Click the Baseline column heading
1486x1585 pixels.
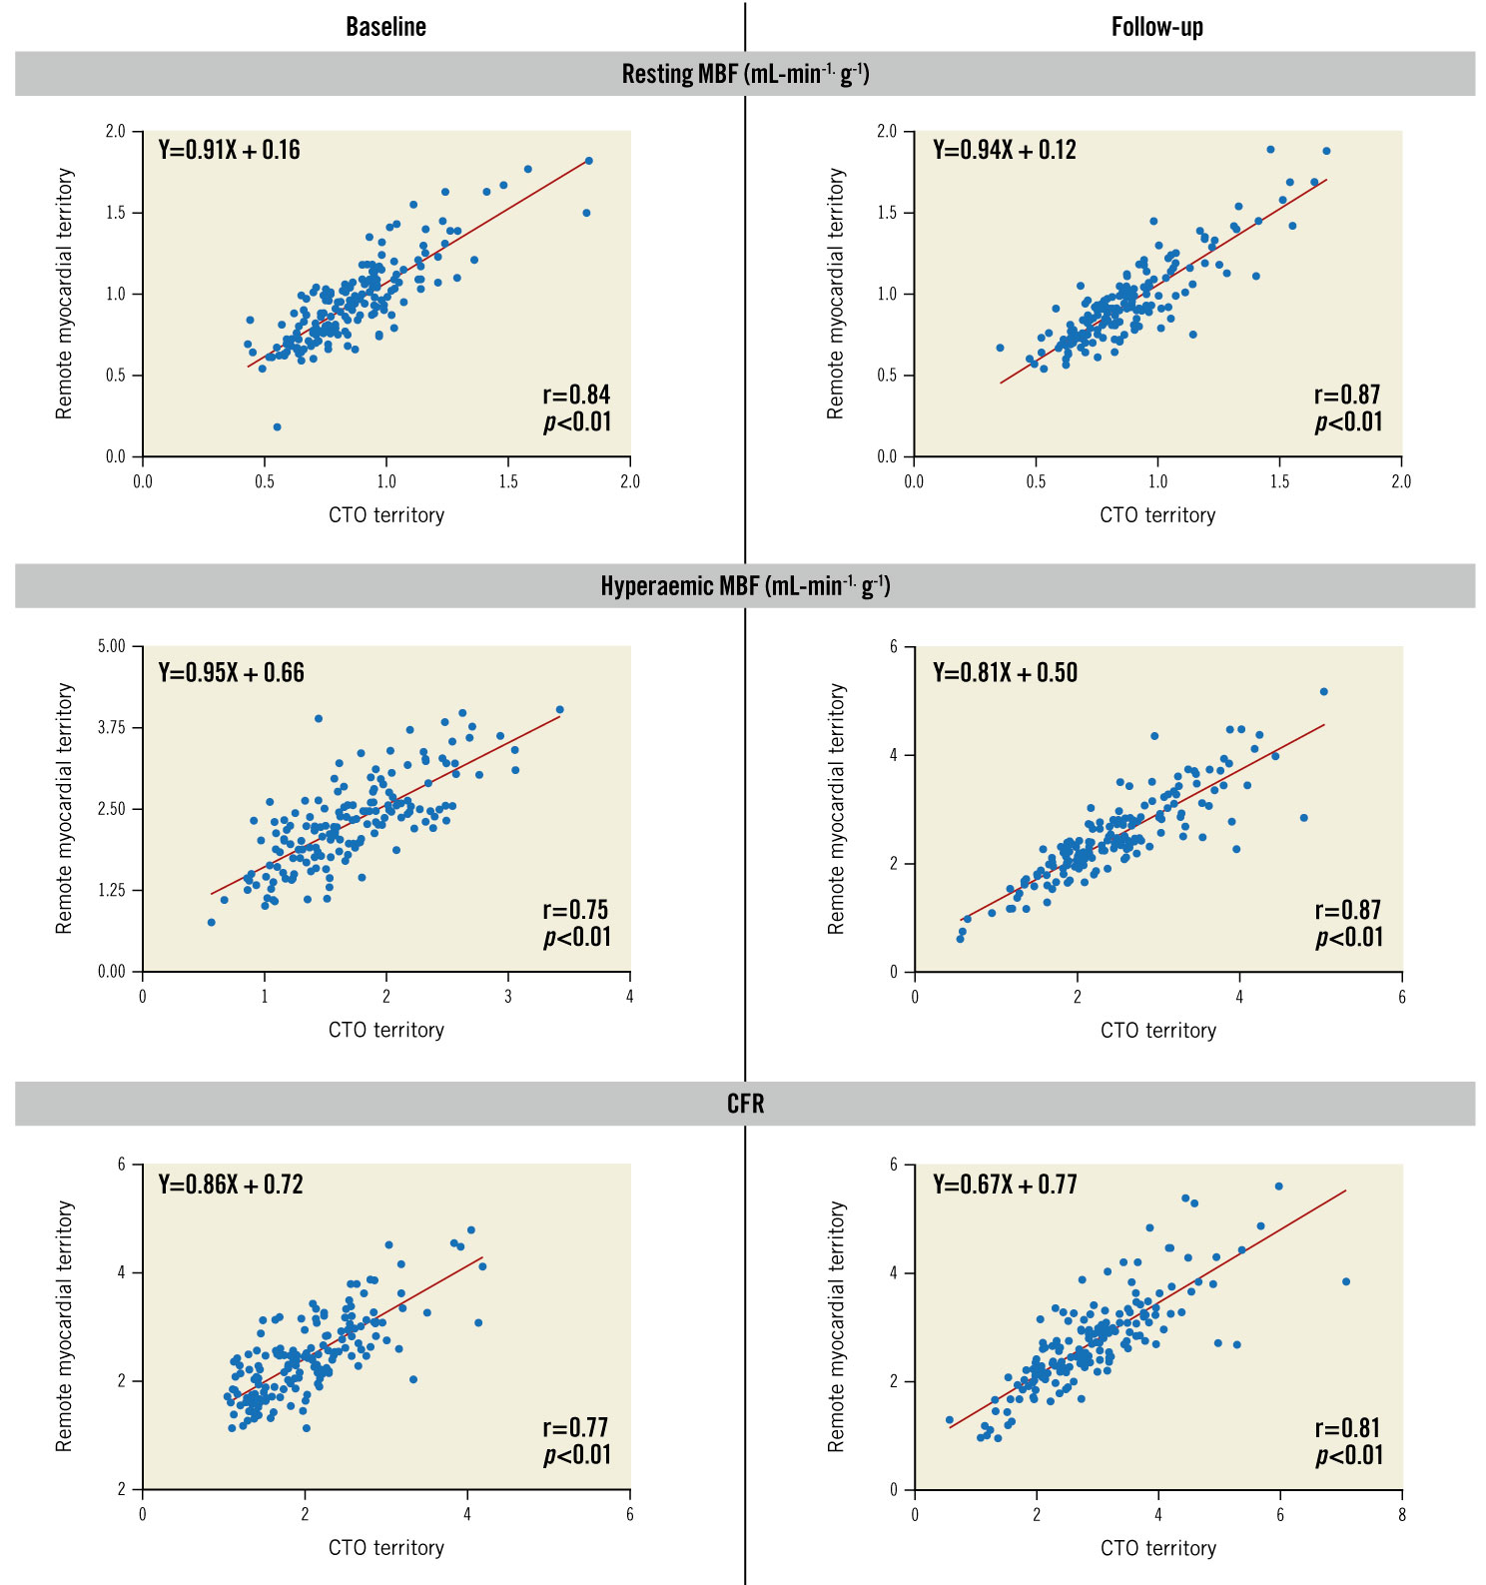pyautogui.click(x=385, y=27)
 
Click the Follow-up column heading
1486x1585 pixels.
pyautogui.click(x=1156, y=27)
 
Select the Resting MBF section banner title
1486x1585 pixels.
pyautogui.click(x=745, y=74)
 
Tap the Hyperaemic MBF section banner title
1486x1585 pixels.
pyautogui.click(x=745, y=586)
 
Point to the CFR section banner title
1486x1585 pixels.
pyautogui.click(x=745, y=1104)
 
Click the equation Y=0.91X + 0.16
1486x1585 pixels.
pyautogui.click(x=229, y=151)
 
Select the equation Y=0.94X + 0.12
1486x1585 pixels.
pyautogui.click(x=1005, y=151)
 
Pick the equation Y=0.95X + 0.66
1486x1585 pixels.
pyautogui.click(x=231, y=673)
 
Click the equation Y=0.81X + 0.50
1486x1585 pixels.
pyautogui.click(x=1005, y=673)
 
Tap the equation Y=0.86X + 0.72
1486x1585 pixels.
pyautogui.click(x=230, y=1186)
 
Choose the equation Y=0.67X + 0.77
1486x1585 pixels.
pyautogui.click(x=1005, y=1186)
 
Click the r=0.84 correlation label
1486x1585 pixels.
pyautogui.click(x=576, y=395)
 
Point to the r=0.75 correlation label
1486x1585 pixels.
pyautogui.click(x=575, y=910)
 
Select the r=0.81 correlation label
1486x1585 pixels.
pyautogui.click(x=1348, y=1428)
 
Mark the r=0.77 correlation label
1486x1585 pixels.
pyautogui.click(x=575, y=1428)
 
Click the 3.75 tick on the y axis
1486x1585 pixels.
pyautogui.click(x=112, y=728)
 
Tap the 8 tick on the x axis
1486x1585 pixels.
pyautogui.click(x=1402, y=1514)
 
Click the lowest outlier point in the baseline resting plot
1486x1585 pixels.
pyautogui.click(x=277, y=427)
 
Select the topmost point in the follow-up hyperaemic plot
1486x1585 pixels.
pyautogui.click(x=1324, y=691)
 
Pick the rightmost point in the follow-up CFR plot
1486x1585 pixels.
pyautogui.click(x=1346, y=1281)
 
